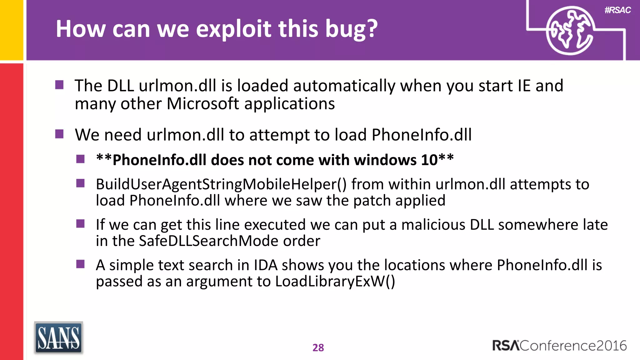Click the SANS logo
(58, 338)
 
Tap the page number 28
(318, 347)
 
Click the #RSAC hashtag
(617, 10)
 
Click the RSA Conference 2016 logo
(559, 346)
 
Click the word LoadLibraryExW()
(335, 281)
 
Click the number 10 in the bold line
(429, 160)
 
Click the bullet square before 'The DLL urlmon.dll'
(59, 85)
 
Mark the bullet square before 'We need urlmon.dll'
(59, 134)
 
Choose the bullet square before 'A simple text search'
(81, 264)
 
